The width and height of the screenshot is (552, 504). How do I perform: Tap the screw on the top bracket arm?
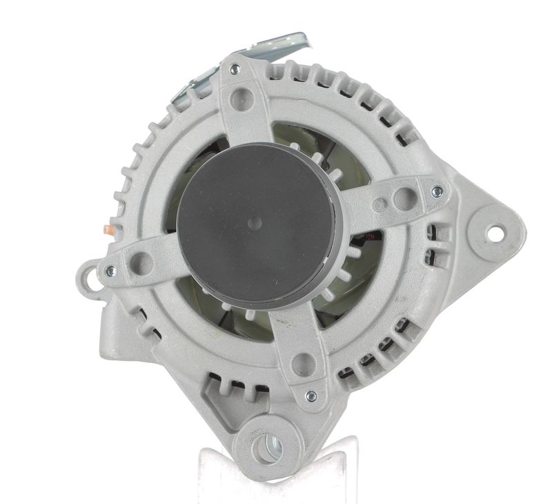[235, 69]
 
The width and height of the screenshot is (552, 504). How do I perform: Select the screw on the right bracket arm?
[436, 191]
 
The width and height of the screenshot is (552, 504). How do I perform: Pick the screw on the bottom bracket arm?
[310, 396]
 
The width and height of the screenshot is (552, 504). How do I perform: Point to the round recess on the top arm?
[241, 99]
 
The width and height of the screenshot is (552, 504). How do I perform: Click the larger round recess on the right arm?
[404, 199]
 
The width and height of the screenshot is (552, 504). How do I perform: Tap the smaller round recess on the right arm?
[380, 204]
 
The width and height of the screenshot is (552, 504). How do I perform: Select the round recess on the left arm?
[141, 263]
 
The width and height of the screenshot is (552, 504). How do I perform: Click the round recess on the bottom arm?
[304, 363]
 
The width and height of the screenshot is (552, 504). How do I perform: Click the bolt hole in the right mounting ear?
[495, 235]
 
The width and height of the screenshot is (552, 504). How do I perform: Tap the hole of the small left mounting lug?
[88, 279]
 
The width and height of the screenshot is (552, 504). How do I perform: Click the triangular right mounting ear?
[490, 228]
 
